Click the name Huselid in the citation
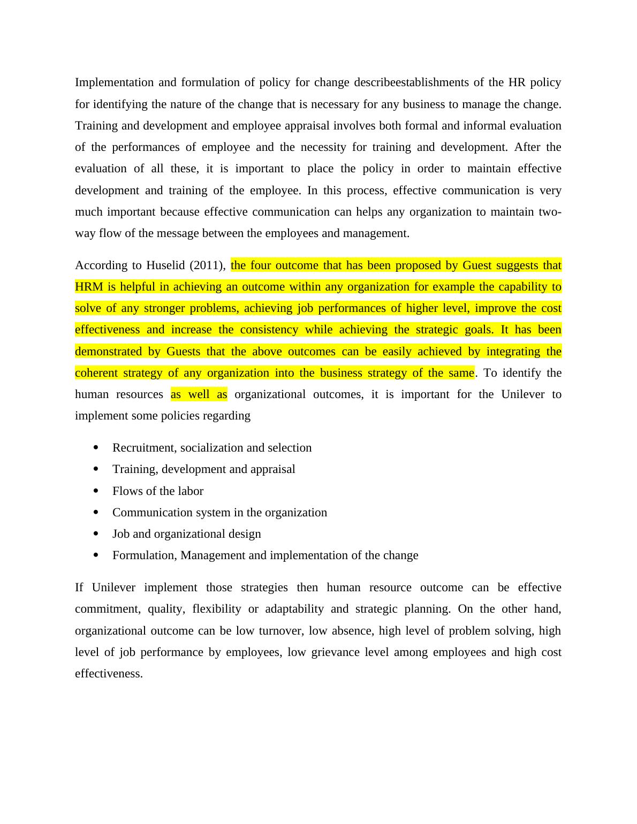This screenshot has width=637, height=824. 166,265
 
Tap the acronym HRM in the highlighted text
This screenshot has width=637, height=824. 88,287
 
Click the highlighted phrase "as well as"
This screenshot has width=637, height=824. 199,394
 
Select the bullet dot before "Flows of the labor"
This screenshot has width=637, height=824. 96,491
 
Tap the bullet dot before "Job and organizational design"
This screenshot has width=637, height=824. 96,533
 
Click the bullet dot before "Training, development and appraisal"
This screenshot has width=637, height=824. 96,469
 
